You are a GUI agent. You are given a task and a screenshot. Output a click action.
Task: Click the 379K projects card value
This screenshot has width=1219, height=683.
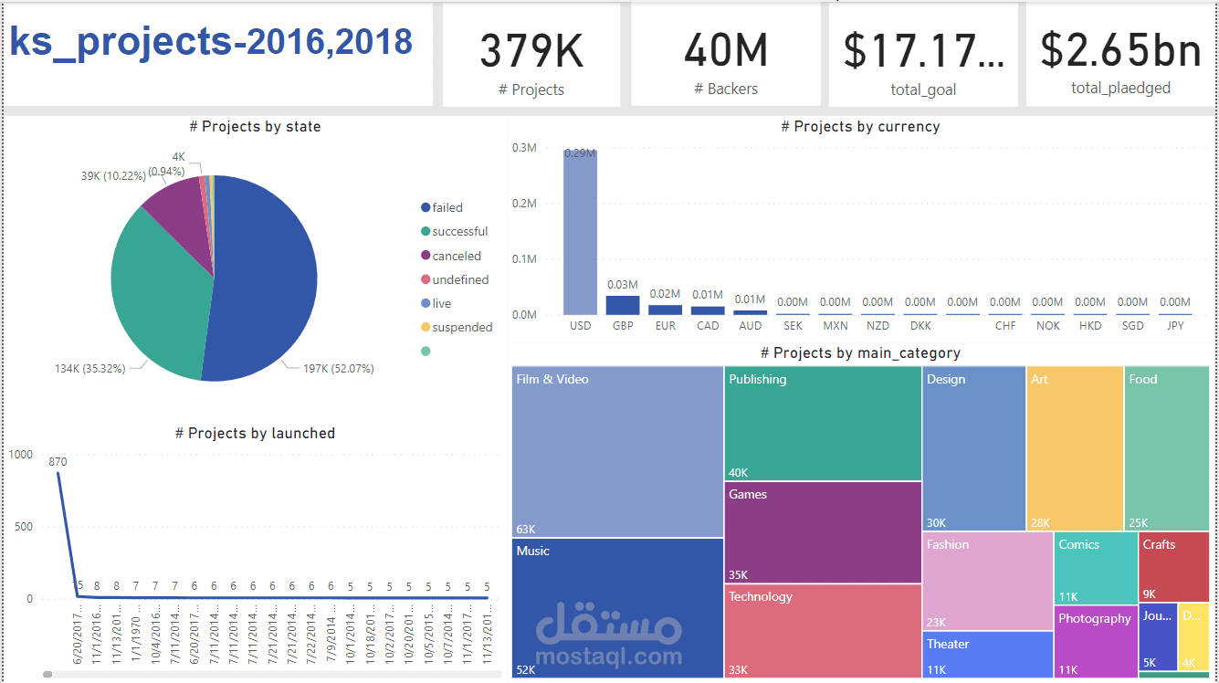(x=531, y=51)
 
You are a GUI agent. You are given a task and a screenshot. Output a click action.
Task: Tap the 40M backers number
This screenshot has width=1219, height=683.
(x=726, y=51)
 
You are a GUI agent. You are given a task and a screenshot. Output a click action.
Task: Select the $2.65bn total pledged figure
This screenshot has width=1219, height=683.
(x=1120, y=50)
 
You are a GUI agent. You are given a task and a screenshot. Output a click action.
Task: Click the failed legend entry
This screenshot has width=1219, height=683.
(x=447, y=208)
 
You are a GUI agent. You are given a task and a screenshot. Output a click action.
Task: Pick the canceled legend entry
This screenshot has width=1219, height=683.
(x=456, y=257)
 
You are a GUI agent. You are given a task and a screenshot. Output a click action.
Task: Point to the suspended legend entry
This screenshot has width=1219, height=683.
(x=461, y=328)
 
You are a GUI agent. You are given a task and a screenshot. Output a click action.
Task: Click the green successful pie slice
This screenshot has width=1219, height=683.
(x=155, y=292)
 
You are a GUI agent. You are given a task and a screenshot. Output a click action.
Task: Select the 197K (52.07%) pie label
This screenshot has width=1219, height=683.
(x=338, y=369)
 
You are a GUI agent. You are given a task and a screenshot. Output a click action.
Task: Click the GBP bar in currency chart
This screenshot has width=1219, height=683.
(x=623, y=305)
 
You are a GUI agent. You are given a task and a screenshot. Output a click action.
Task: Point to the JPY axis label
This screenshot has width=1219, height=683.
(x=1174, y=326)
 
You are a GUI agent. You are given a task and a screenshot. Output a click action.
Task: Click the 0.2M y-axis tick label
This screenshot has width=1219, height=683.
(x=524, y=204)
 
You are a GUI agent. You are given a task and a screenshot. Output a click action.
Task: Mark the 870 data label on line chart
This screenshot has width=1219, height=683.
(x=58, y=462)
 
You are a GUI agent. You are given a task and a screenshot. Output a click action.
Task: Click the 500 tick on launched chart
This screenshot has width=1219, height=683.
(x=23, y=527)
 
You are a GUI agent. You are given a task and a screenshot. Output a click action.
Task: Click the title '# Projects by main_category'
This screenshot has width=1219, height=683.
(x=860, y=353)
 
